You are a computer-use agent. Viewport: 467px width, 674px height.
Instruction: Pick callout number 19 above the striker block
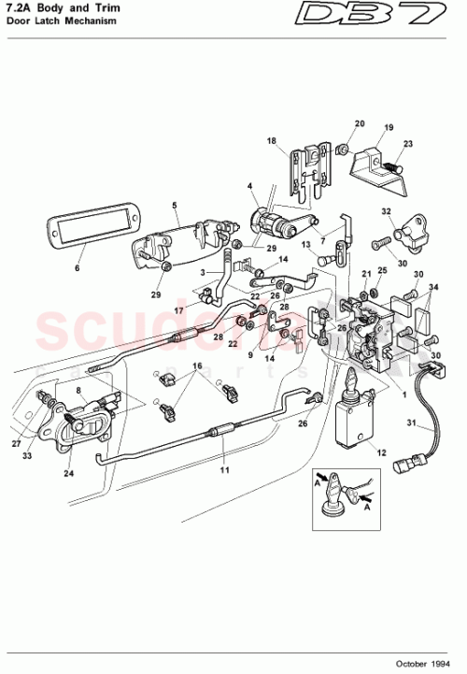point(389,127)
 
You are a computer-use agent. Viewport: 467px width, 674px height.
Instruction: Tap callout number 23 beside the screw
point(407,143)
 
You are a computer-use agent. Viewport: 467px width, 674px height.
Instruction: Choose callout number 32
point(384,212)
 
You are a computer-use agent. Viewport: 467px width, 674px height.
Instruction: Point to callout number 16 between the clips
point(197,366)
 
